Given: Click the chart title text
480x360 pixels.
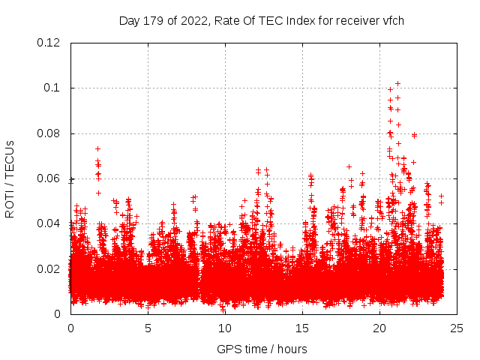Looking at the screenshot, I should point(262,20).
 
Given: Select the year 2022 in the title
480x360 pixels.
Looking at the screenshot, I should point(193,20).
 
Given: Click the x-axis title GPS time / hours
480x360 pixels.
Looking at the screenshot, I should point(262,349).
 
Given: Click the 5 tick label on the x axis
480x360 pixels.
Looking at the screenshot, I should point(148,328).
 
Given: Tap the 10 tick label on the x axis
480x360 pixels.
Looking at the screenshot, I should point(225,328).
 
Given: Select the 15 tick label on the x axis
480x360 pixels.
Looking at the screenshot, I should point(302,328).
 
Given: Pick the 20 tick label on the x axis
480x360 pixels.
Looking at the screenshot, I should point(379,328).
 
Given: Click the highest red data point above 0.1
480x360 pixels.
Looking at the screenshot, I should point(397,84).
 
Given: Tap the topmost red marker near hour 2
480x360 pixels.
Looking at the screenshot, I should point(97,148).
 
